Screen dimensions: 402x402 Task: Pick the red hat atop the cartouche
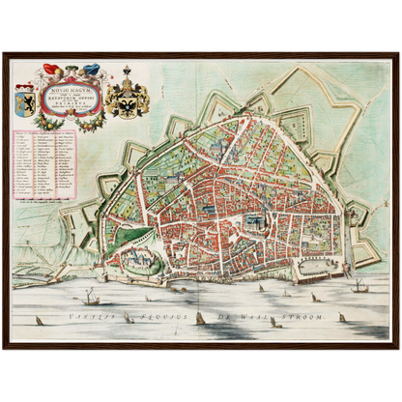tap(50, 69)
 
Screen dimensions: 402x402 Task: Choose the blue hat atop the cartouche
tap(92, 69)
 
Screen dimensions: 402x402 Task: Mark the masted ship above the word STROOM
tap(359, 285)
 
